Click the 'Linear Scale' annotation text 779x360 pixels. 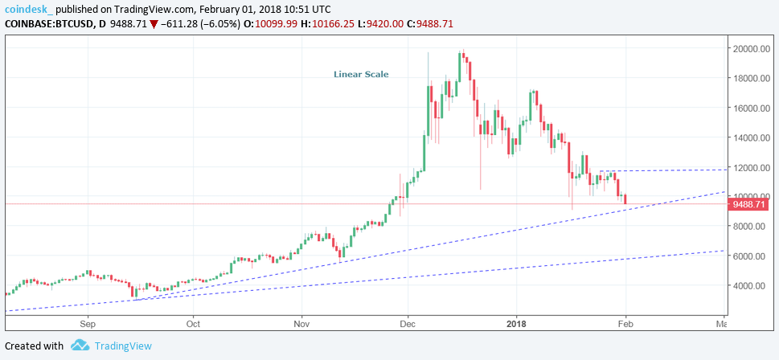point(361,75)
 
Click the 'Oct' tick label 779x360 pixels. point(193,324)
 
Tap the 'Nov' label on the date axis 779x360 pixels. point(301,324)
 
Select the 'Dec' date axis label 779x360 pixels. point(408,324)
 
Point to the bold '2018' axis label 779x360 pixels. point(517,324)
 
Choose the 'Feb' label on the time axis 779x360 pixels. point(624,324)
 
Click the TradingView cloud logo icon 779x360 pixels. point(80,346)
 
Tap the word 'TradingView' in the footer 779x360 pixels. point(123,346)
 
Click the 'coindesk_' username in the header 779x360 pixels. point(29,8)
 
